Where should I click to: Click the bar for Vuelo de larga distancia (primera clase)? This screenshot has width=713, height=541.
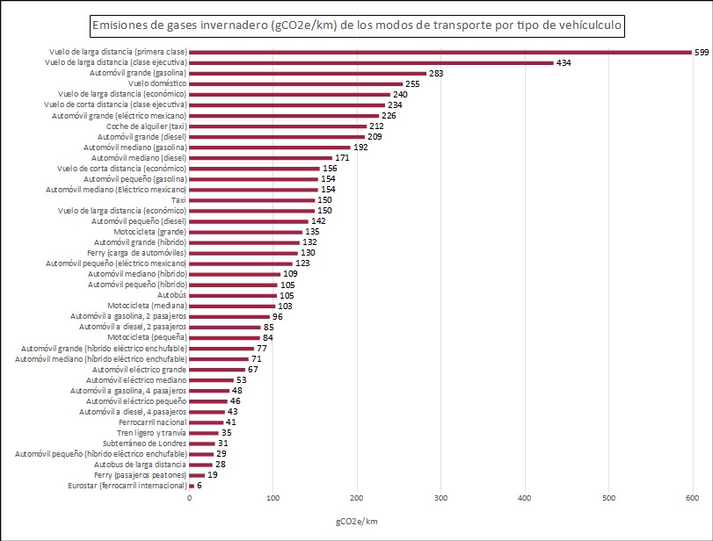pyautogui.click(x=440, y=52)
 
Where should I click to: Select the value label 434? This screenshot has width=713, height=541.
pyautogui.click(x=564, y=63)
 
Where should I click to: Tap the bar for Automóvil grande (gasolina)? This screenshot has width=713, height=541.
pyautogui.click(x=308, y=74)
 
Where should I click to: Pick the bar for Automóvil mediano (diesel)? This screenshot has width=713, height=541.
pyautogui.click(x=260, y=158)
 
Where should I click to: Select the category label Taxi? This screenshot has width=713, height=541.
pyautogui.click(x=178, y=200)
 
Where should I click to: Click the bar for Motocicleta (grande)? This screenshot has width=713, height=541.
pyautogui.click(x=245, y=232)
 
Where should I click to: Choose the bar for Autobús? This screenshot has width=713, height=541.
pyautogui.click(x=233, y=296)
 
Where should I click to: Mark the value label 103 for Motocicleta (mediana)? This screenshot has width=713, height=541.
pyautogui.click(x=285, y=307)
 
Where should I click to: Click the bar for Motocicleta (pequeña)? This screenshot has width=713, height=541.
pyautogui.click(x=224, y=338)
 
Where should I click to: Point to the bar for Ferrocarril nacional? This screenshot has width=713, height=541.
pyautogui.click(x=207, y=422)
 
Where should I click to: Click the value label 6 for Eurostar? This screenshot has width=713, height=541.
pyautogui.click(x=200, y=486)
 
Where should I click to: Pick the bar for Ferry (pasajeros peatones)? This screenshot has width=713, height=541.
pyautogui.click(x=197, y=475)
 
